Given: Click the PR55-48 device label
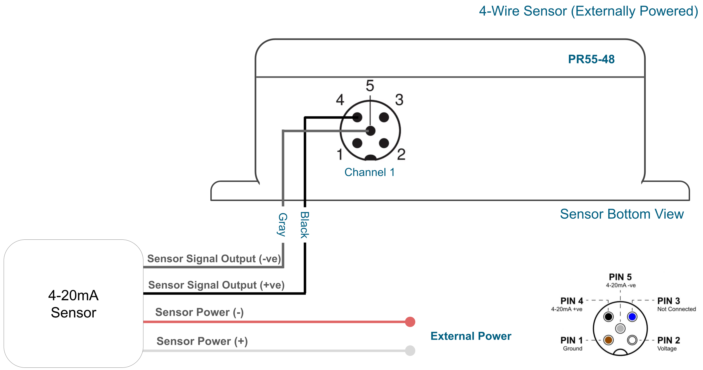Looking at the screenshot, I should pyautogui.click(x=591, y=59).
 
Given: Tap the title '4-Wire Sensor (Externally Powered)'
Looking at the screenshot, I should pyautogui.click(x=588, y=11).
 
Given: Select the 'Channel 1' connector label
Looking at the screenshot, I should pyautogui.click(x=369, y=172).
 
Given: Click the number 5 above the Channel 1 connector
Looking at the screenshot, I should pyautogui.click(x=370, y=86).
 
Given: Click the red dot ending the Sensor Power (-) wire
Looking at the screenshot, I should pyautogui.click(x=410, y=322).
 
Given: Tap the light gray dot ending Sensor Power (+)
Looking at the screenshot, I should pyautogui.click(x=410, y=351).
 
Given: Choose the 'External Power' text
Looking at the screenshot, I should pyautogui.click(x=471, y=336).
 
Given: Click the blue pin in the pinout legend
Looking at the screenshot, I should pyautogui.click(x=632, y=317).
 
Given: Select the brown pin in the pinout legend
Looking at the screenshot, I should pyautogui.click(x=609, y=340).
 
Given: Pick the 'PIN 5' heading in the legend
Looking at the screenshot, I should pyautogui.click(x=620, y=277).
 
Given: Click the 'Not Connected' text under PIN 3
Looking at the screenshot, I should pyautogui.click(x=676, y=309).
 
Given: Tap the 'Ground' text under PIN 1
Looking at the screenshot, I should pyautogui.click(x=573, y=348).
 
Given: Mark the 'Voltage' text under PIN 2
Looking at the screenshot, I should pyautogui.click(x=667, y=348).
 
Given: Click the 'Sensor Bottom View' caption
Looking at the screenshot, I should pyautogui.click(x=621, y=214).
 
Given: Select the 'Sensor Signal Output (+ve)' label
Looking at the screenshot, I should pyautogui.click(x=216, y=285).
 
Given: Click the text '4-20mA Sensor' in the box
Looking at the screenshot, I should pyautogui.click(x=73, y=304).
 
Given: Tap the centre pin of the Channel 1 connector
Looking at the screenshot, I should pyautogui.click(x=371, y=131).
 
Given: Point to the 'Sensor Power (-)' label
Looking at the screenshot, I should pyautogui.click(x=199, y=312).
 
